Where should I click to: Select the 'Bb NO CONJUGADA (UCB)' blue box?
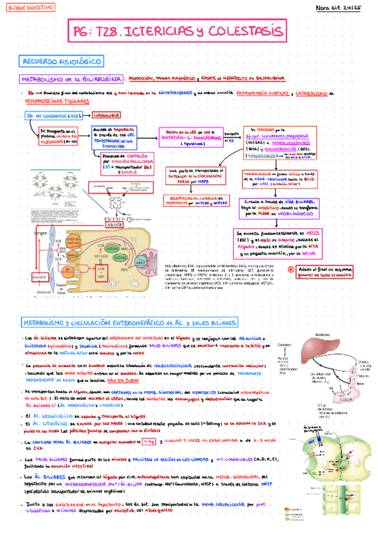click(53, 117)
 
